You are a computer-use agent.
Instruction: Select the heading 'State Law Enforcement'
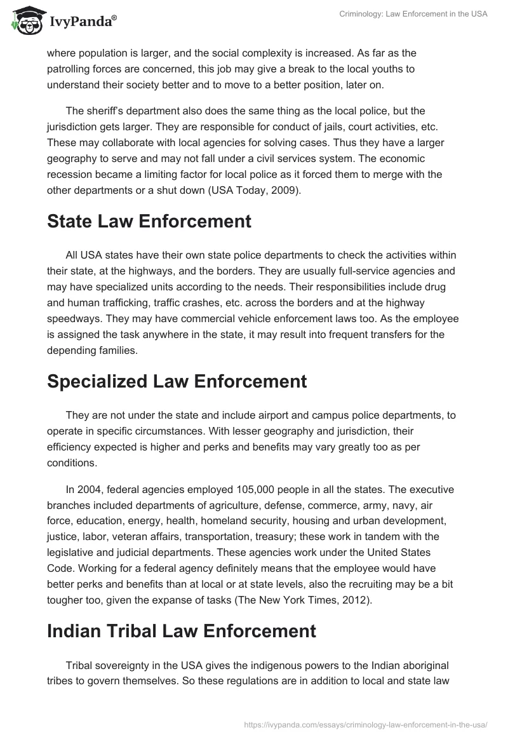coord(149,222)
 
